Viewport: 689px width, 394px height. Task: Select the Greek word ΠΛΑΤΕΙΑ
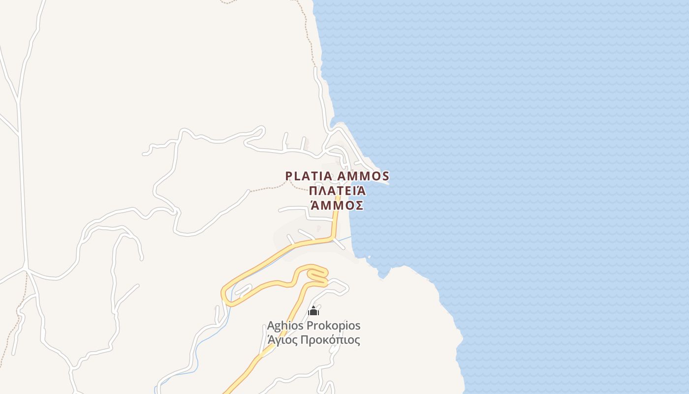338,191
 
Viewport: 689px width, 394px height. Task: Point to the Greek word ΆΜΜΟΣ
338,205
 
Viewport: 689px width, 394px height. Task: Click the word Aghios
285,326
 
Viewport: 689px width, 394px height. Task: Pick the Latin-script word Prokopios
334,326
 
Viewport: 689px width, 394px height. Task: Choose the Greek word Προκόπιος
331,340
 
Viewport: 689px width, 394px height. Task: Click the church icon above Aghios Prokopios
313,311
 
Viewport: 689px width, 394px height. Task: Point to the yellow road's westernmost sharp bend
224,294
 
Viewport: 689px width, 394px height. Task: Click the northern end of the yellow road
338,197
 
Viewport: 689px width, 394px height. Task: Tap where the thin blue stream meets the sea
351,237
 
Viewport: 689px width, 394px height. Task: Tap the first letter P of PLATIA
289,176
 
